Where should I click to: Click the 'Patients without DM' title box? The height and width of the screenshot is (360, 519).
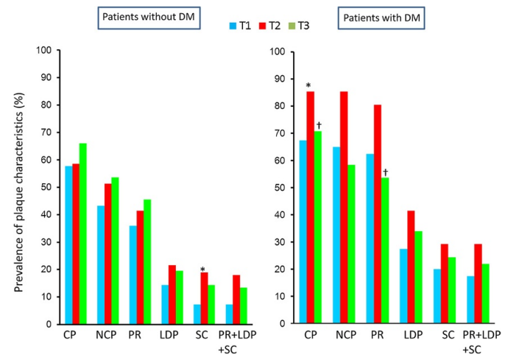pyautogui.click(x=149, y=18)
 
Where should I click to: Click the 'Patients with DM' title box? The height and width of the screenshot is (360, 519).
pyautogui.click(x=381, y=18)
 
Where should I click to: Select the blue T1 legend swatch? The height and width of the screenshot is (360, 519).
pyautogui.click(x=233, y=26)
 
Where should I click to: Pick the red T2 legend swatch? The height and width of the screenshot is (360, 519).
pyautogui.click(x=263, y=26)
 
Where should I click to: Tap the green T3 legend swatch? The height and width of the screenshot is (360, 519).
pyautogui.click(x=292, y=26)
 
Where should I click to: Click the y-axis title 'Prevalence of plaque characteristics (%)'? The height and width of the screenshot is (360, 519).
pyautogui.click(x=19, y=192)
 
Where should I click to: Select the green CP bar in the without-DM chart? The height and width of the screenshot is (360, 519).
pyautogui.click(x=82, y=233)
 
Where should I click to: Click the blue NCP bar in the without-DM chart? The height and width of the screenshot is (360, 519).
pyautogui.click(x=101, y=265)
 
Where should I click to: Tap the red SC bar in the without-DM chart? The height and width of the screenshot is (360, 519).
pyautogui.click(x=204, y=298)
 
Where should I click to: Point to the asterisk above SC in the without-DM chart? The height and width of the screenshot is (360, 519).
pyautogui.click(x=202, y=269)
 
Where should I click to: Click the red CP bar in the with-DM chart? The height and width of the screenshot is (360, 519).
pyautogui.click(x=311, y=207)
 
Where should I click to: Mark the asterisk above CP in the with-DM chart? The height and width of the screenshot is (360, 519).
pyautogui.click(x=308, y=85)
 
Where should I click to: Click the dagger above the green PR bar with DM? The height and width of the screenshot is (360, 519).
pyautogui.click(x=385, y=172)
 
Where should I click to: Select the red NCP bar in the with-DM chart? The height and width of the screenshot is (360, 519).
pyautogui.click(x=344, y=207)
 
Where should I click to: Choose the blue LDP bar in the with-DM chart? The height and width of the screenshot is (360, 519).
pyautogui.click(x=403, y=286)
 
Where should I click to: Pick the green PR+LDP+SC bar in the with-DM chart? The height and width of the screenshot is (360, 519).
pyautogui.click(x=485, y=293)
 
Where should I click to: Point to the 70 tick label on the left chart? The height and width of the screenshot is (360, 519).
pyautogui.click(x=44, y=133)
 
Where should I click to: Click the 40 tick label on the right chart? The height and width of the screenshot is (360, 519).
pyautogui.click(x=278, y=215)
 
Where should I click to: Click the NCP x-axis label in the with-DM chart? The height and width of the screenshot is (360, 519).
pyautogui.click(x=345, y=335)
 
